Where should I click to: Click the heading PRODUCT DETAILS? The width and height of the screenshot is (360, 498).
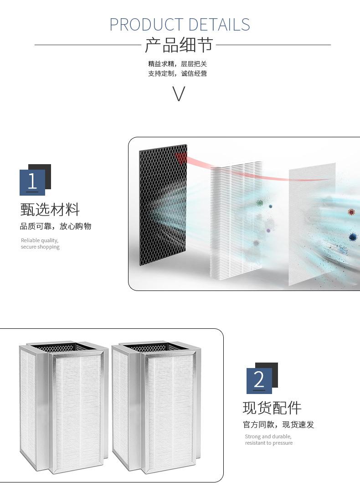point(180,24)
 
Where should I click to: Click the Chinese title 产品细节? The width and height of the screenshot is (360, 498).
point(179,45)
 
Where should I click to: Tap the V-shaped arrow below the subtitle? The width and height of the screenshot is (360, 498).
point(179,93)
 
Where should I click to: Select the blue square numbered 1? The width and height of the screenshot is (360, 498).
point(32,182)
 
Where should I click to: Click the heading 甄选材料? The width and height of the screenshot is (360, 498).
point(50,210)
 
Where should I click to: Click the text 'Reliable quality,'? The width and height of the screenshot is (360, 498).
point(40,240)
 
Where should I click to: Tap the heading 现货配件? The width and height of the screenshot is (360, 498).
point(272,408)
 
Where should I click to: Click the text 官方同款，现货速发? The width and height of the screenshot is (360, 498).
point(278,425)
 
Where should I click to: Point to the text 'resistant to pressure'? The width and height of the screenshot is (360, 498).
point(269,443)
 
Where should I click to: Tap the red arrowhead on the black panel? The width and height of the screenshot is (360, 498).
point(181,158)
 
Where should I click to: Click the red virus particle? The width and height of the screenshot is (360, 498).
point(351,212)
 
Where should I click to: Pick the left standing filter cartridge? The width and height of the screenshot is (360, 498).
point(64,406)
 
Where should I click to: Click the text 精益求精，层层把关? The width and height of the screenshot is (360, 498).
point(177,64)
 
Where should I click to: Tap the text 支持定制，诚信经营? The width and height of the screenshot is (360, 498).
point(177,73)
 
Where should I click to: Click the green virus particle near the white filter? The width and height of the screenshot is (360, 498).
point(260,202)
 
